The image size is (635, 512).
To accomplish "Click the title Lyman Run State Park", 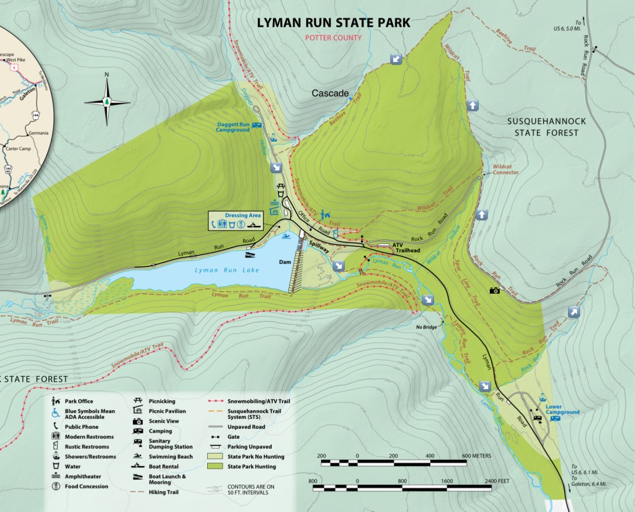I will click(x=334, y=23).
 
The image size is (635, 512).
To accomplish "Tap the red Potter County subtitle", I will click(x=333, y=38).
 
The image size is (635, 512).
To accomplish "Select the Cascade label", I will click(x=330, y=94).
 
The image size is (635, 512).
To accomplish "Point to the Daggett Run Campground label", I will click(x=233, y=127).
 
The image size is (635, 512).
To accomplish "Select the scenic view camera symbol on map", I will click(x=495, y=290).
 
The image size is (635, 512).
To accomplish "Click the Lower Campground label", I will click(x=562, y=410).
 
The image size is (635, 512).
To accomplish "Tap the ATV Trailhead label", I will click(x=407, y=248).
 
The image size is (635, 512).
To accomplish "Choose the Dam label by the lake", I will click(x=285, y=261).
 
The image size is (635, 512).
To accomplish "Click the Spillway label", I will click(x=321, y=246).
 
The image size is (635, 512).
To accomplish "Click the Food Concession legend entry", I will click(x=86, y=486).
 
